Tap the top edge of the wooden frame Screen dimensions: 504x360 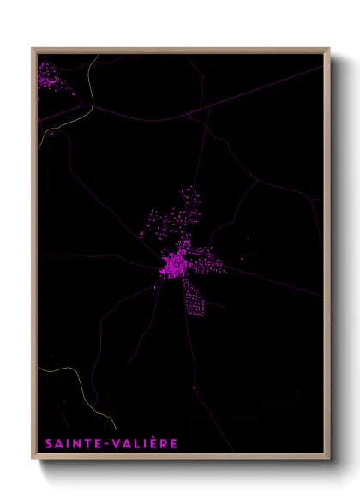[x=180, y=50]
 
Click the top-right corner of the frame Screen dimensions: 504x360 [x=327, y=50]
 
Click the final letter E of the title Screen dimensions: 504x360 [x=173, y=443]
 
